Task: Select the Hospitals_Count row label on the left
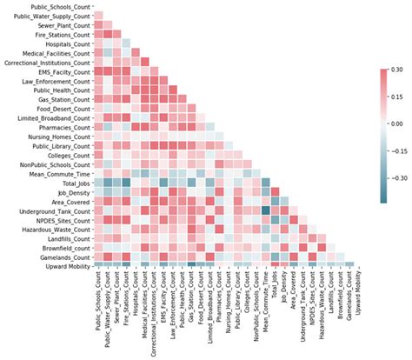[x=69, y=44]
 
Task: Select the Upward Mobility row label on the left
[x=67, y=268]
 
